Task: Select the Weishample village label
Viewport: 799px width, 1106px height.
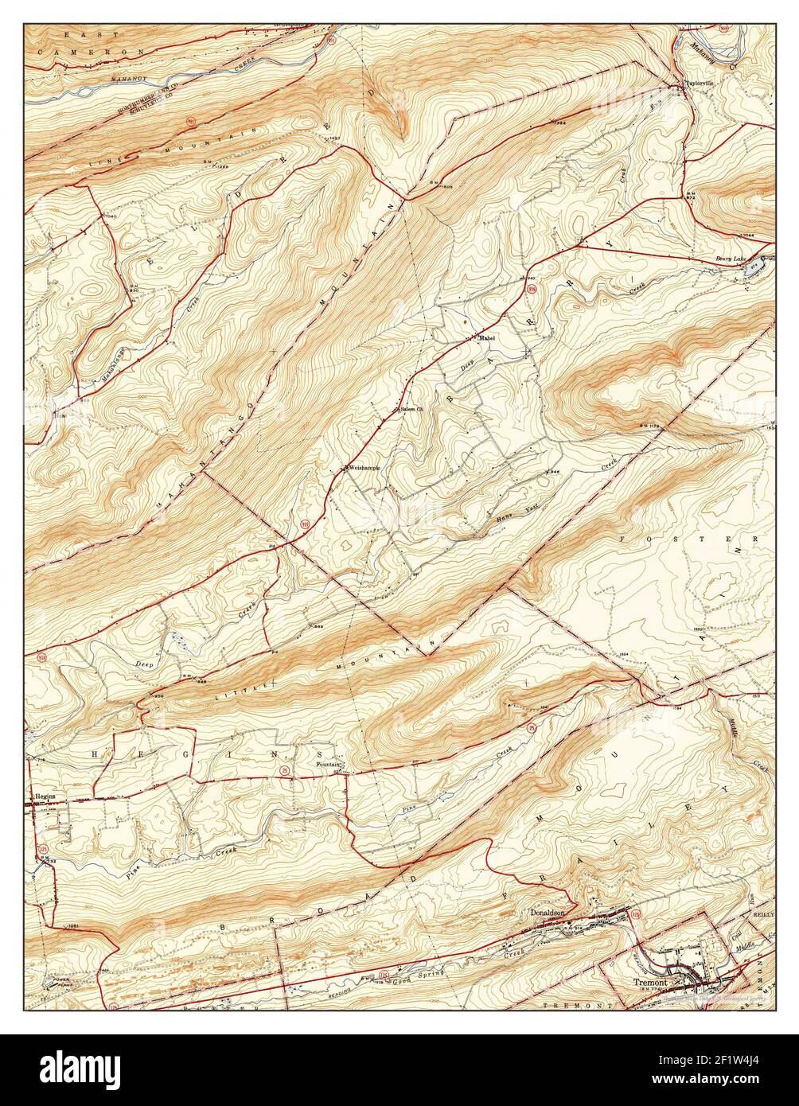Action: click(362, 468)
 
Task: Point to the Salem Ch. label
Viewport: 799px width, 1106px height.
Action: click(413, 410)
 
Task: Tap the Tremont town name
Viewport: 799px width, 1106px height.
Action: click(649, 982)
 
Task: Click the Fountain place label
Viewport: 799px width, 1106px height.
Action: click(328, 765)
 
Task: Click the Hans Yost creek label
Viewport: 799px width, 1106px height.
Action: click(506, 510)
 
